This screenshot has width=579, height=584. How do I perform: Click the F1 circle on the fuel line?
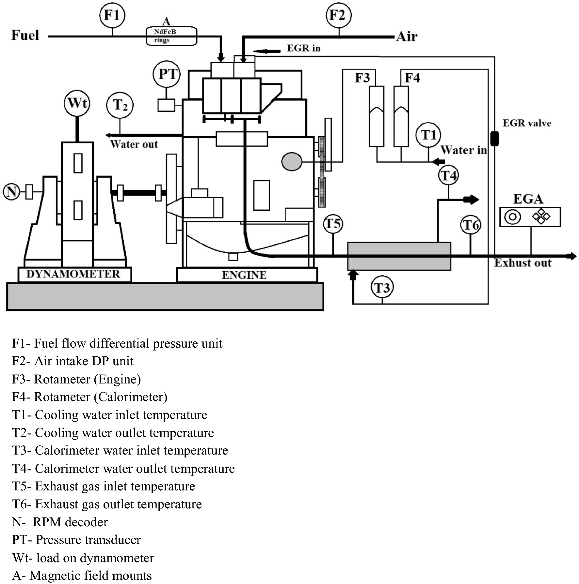(112, 15)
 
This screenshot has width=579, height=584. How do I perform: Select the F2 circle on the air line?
(339, 15)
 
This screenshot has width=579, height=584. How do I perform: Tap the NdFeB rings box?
(171, 36)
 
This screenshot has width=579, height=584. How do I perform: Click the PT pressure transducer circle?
(167, 74)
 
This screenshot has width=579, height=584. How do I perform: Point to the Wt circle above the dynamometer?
(77, 103)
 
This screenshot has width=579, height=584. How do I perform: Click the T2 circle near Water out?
(120, 105)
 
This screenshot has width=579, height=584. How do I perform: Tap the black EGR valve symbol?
(494, 138)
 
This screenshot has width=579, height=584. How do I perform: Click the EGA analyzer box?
(530, 217)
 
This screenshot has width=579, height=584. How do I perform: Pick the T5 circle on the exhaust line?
(333, 224)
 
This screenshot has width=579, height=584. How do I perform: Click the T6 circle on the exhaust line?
(471, 225)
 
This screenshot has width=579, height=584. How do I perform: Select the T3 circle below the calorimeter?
(382, 288)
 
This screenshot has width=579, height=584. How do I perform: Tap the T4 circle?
(448, 175)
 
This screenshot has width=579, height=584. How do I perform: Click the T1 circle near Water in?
(428, 135)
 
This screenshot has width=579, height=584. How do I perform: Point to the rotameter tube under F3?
(376, 116)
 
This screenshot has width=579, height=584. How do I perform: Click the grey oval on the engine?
(292, 161)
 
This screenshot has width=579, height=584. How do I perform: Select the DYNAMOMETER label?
(73, 274)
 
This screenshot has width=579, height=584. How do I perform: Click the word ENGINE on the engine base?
(244, 275)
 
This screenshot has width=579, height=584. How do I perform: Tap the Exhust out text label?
(523, 263)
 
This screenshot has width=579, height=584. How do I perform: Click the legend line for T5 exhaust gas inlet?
(104, 486)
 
